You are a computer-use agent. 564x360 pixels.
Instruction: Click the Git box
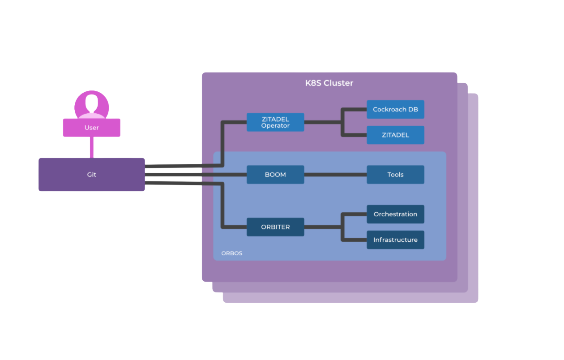[91, 175]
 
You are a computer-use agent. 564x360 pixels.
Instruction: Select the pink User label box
[91, 128]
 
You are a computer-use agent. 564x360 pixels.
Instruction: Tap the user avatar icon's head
[92, 103]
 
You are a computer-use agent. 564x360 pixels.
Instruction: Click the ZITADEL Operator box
[275, 122]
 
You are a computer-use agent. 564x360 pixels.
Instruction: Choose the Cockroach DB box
[395, 109]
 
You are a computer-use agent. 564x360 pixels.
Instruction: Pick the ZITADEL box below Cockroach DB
[395, 135]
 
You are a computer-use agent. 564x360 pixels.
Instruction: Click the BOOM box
[275, 175]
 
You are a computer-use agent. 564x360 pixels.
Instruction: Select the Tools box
[395, 175]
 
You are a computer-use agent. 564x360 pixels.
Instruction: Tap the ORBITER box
[275, 227]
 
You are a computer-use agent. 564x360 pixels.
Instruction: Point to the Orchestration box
[395, 214]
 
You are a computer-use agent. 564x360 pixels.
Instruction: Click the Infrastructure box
[395, 240]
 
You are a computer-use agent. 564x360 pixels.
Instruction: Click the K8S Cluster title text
[329, 83]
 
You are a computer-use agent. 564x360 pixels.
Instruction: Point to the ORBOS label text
[231, 253]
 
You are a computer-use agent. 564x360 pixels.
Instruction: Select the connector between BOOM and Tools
[335, 175]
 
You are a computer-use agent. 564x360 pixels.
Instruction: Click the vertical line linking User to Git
[92, 147]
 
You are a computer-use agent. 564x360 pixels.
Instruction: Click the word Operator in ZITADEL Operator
[275, 126]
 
